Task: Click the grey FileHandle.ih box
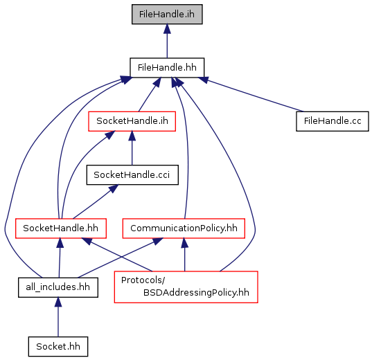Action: pyautogui.click(x=167, y=15)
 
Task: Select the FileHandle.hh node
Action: pyautogui.click(x=167, y=68)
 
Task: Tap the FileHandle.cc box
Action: pyautogui.click(x=333, y=121)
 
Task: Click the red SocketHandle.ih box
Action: pyautogui.click(x=132, y=121)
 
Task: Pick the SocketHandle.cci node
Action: pyautogui.click(x=132, y=174)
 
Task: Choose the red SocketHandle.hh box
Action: pyautogui.click(x=61, y=228)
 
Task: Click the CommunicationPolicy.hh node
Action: pyautogui.click(x=184, y=228)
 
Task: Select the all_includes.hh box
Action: pyautogui.click(x=58, y=287)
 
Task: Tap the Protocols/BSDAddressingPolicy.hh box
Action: pyautogui.click(x=186, y=287)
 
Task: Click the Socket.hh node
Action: pyautogui.click(x=58, y=346)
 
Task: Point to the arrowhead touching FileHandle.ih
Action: pyautogui.click(x=167, y=28)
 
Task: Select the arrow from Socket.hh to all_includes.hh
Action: pyautogui.click(x=58, y=317)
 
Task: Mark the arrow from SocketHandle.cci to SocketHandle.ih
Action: pyautogui.click(x=132, y=148)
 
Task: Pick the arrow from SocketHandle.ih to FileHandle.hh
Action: pyautogui.click(x=150, y=94)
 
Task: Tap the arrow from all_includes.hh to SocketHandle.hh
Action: pyautogui.click(x=60, y=258)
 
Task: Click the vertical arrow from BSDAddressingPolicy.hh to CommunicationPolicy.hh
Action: pyautogui.click(x=184, y=255)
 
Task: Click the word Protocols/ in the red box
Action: pyautogui.click(x=143, y=280)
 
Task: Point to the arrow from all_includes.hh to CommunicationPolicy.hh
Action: pyautogui.click(x=120, y=258)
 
